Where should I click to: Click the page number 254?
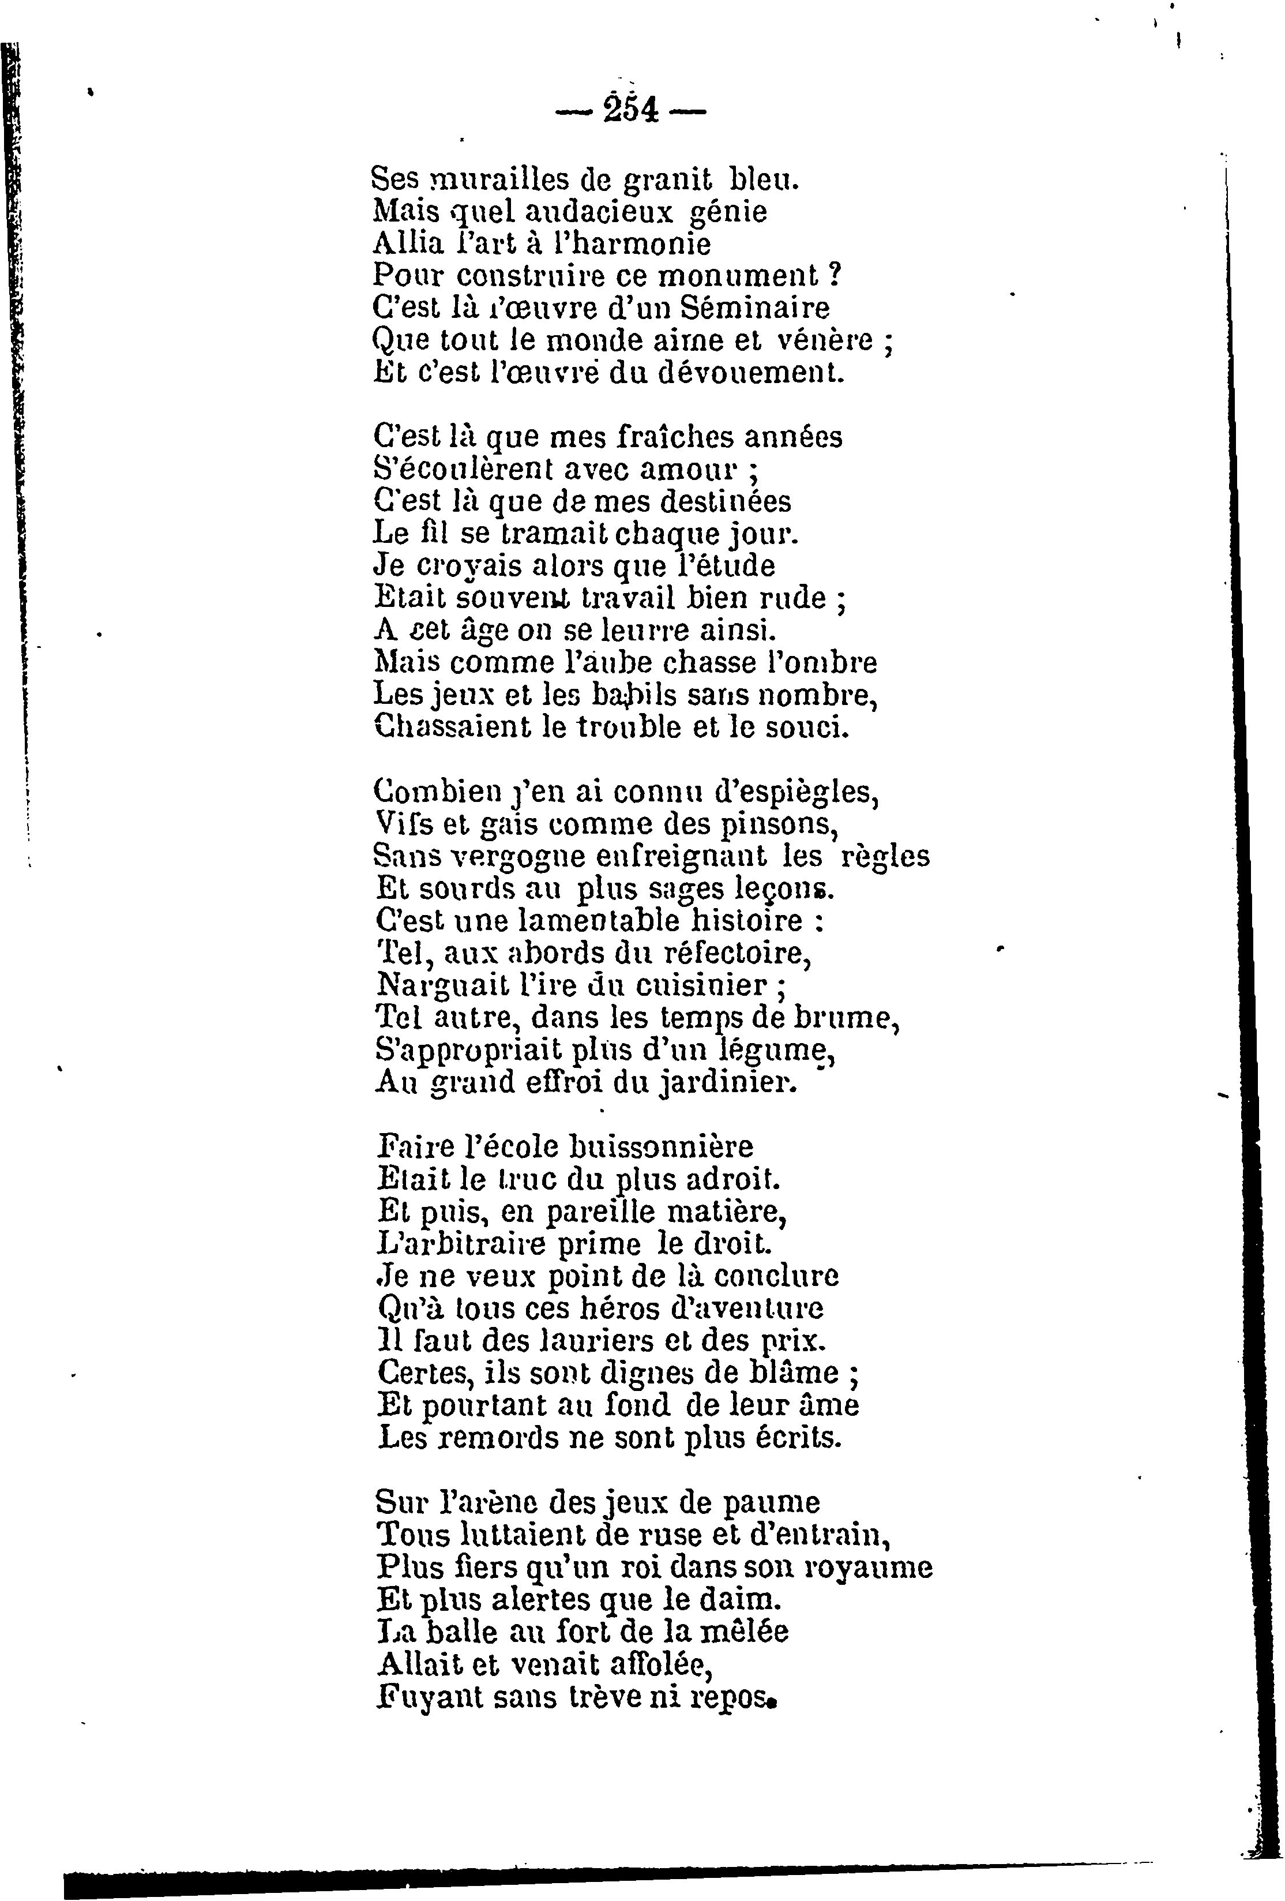(x=630, y=109)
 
